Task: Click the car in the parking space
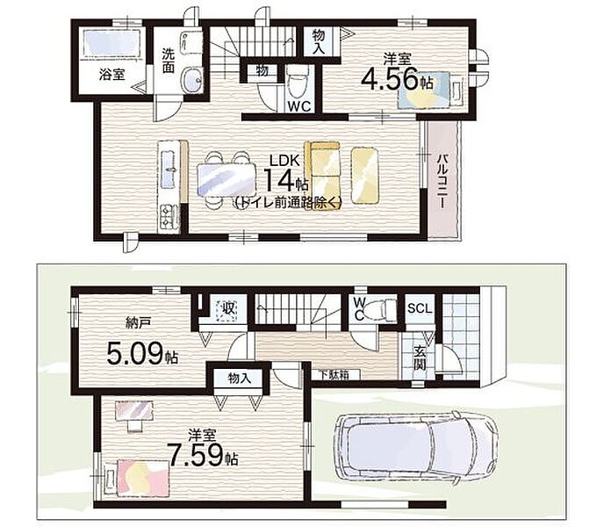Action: pyautogui.click(x=415, y=447)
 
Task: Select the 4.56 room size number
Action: pyautogui.click(x=390, y=79)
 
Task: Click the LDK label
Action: pyautogui.click(x=284, y=161)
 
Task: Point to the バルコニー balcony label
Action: pyautogui.click(x=443, y=181)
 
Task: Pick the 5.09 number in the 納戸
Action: pyautogui.click(x=134, y=354)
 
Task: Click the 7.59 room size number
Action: pyautogui.click(x=195, y=455)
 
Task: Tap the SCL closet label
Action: pyautogui.click(x=420, y=308)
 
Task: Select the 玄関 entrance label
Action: pyautogui.click(x=419, y=357)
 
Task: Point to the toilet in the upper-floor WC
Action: pyautogui.click(x=298, y=82)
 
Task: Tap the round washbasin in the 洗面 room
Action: pyautogui.click(x=191, y=79)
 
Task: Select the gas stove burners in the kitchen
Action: pyautogui.click(x=169, y=218)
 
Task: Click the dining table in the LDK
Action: pyautogui.click(x=226, y=180)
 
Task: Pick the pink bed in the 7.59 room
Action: pyautogui.click(x=143, y=477)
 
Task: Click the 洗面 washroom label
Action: pyautogui.click(x=169, y=60)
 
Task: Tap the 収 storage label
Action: pyautogui.click(x=227, y=309)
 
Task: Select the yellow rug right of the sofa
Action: pyautogui.click(x=364, y=176)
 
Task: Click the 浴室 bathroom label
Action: pyautogui.click(x=112, y=75)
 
